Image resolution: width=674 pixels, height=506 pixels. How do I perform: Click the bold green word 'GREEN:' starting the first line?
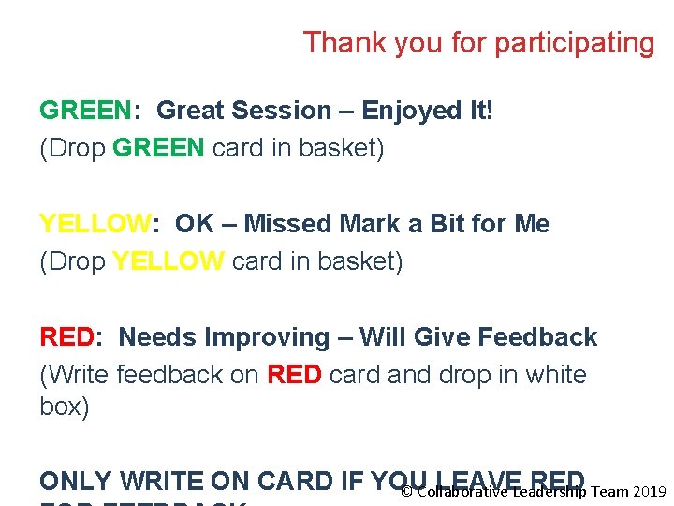pos(90,111)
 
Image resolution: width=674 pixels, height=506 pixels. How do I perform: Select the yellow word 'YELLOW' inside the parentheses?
pos(168,261)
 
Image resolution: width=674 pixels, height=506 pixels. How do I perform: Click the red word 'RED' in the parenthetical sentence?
pos(295,375)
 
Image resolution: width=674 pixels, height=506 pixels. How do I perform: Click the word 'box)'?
pos(65,409)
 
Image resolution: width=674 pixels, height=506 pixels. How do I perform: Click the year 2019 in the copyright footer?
pos(650,492)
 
